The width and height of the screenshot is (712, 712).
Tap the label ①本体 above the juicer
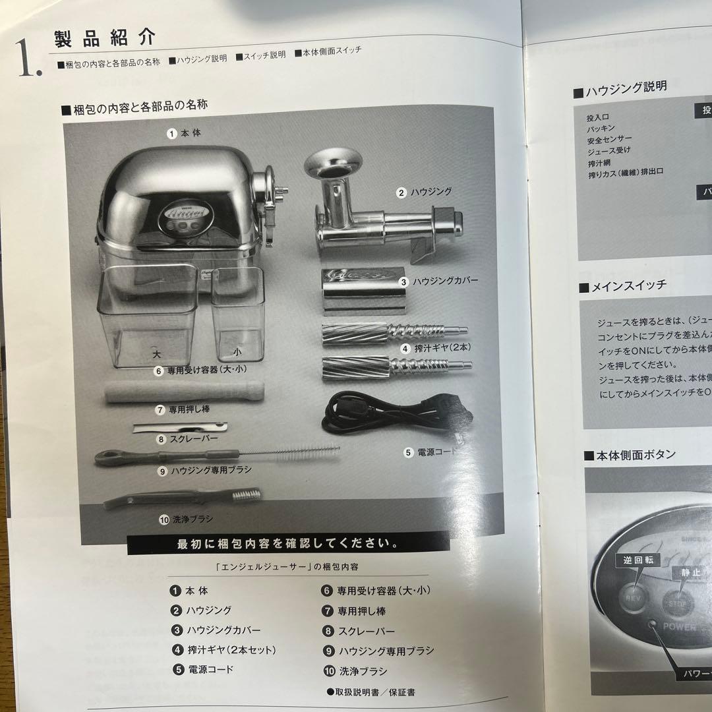pyautogui.click(x=184, y=133)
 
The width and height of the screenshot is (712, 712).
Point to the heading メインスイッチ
pyautogui.click(x=629, y=286)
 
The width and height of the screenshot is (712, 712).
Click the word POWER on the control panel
pyautogui.click(x=679, y=626)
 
